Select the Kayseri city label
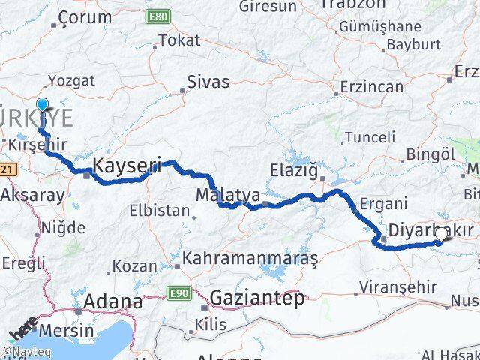tap(127, 166)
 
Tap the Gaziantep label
tap(257, 298)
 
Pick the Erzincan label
tap(371, 87)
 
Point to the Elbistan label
tap(159, 211)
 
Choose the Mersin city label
tap(67, 330)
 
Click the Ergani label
tap(383, 202)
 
